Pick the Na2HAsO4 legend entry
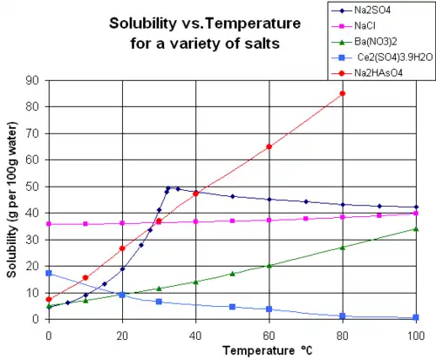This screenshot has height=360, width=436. click(x=380, y=72)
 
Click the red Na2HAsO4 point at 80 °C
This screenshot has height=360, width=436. click(x=343, y=94)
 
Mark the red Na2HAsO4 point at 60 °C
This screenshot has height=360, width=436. click(x=269, y=146)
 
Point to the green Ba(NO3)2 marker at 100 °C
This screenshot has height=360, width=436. click(x=416, y=229)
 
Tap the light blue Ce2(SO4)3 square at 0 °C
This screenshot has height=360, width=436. click(x=49, y=273)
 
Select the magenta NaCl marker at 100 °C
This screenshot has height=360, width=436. click(x=416, y=214)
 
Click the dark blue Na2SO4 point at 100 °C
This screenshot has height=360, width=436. click(x=416, y=207)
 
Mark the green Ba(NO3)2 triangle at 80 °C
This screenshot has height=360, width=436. click(x=343, y=248)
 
